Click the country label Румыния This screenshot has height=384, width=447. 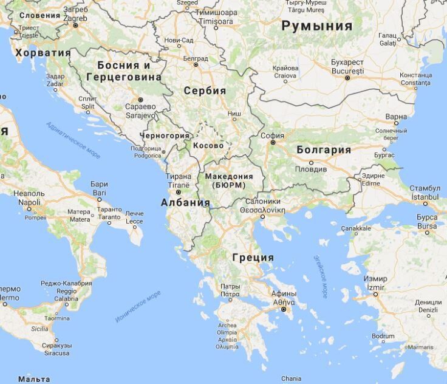[x=316, y=26]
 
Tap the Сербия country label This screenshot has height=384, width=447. [x=205, y=91]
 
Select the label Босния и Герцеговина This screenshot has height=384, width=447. [x=124, y=71]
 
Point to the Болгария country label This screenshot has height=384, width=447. [x=324, y=149]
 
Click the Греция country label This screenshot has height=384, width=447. [x=253, y=257]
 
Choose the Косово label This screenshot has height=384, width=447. [x=208, y=146]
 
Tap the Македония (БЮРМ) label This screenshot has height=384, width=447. [x=229, y=180]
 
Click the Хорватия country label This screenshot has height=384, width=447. [x=43, y=53]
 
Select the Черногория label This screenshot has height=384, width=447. [x=165, y=135]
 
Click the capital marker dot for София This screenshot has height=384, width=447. [x=273, y=143]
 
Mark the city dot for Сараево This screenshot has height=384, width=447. [x=140, y=99]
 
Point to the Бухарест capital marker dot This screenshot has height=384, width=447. [x=347, y=78]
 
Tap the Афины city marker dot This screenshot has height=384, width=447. [x=283, y=309]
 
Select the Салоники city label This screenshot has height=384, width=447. [x=263, y=201]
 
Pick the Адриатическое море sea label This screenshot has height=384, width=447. [x=73, y=139]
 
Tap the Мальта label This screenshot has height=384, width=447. [x=34, y=379]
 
